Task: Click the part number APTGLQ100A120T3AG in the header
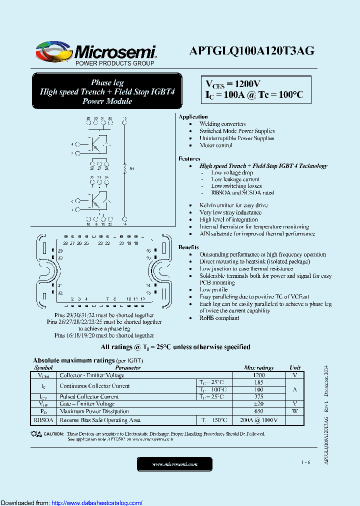pyautogui.click(x=251, y=50)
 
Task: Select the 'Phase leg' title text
pyautogui.click(x=107, y=82)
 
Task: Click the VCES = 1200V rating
pyautogui.click(x=232, y=84)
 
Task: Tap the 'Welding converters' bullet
pyautogui.click(x=222, y=124)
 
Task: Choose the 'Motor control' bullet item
pyautogui.click(x=216, y=145)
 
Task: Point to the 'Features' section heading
pyautogui.click(x=189, y=158)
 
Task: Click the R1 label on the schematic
pyautogui.click(x=132, y=169)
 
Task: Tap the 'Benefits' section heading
pyautogui.click(x=188, y=247)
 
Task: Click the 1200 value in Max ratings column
pyautogui.click(x=259, y=375)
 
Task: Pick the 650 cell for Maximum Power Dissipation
pyautogui.click(x=259, y=411)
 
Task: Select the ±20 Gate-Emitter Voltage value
pyautogui.click(x=259, y=403)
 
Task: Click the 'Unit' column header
pyautogui.click(x=295, y=367)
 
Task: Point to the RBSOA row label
pyautogui.click(x=44, y=420)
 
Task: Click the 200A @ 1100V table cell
pyautogui.click(x=259, y=420)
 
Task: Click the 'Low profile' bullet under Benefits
pyautogui.click(x=213, y=290)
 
